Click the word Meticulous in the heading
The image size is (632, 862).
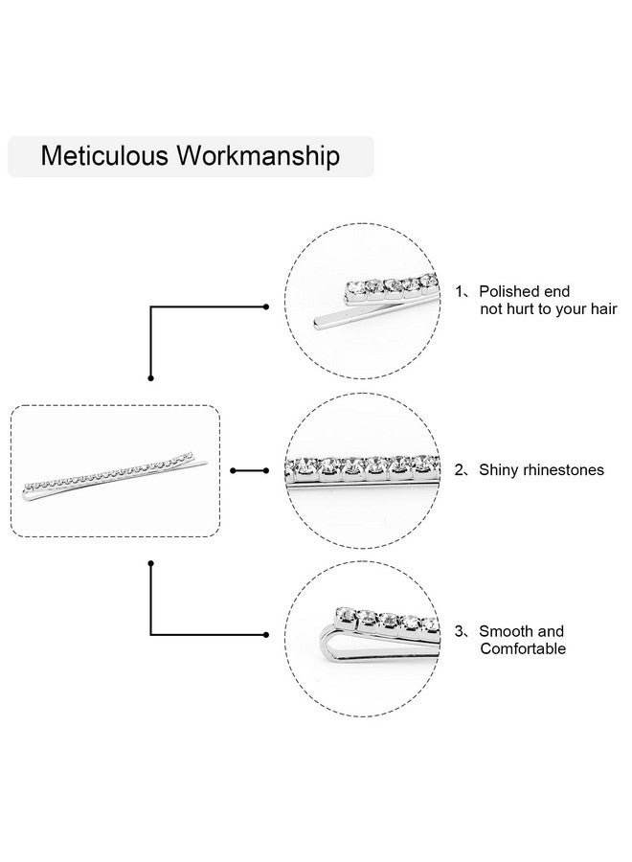pyautogui.click(x=104, y=155)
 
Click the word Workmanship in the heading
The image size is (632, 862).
pyautogui.click(x=258, y=157)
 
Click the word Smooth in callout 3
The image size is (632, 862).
pyautogui.click(x=503, y=631)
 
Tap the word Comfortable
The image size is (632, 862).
pyautogui.click(x=523, y=648)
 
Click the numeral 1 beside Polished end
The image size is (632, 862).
pyautogui.click(x=460, y=291)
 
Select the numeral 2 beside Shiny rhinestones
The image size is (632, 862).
pyautogui.click(x=460, y=470)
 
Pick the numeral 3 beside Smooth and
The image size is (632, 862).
pyautogui.click(x=460, y=631)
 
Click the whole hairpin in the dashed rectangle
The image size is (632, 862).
pyautogui.click(x=115, y=477)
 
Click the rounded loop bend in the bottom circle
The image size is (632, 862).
pyautogui.click(x=325, y=645)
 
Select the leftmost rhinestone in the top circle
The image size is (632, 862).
pyautogui.click(x=355, y=287)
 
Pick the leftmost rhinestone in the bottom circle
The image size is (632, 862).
pyautogui.click(x=346, y=615)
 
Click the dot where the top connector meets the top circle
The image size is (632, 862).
pyautogui.click(x=266, y=306)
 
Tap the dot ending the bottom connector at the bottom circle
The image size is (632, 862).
pyautogui.click(x=266, y=635)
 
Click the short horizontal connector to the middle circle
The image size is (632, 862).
pyautogui.click(x=250, y=470)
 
